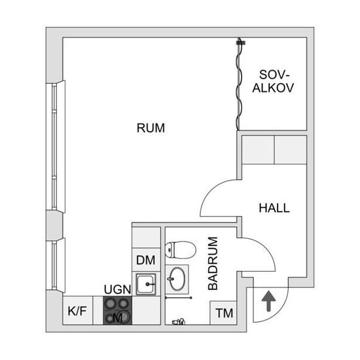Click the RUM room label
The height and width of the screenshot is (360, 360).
151,128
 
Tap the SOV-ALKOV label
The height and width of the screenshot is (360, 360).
273,81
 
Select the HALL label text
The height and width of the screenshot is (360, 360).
274,208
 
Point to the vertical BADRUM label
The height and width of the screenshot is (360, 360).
213,263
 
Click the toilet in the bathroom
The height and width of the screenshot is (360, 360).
181,250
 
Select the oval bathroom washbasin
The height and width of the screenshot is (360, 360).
177,279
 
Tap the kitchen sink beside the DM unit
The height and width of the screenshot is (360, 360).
146,284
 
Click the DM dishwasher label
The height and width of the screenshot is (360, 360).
145,260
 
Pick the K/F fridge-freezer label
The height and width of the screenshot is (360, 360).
77,311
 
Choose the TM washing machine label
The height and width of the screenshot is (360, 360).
225,313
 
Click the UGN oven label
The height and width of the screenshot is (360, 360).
118,289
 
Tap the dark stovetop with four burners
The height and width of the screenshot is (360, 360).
118,310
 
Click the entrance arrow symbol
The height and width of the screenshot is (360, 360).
268,301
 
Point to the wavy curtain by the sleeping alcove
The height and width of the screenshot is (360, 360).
239,84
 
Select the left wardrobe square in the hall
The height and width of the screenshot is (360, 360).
258,150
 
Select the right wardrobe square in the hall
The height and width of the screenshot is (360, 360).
291,150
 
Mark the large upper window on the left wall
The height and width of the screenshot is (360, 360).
56,147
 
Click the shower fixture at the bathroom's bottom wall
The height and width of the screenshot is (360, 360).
179,321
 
